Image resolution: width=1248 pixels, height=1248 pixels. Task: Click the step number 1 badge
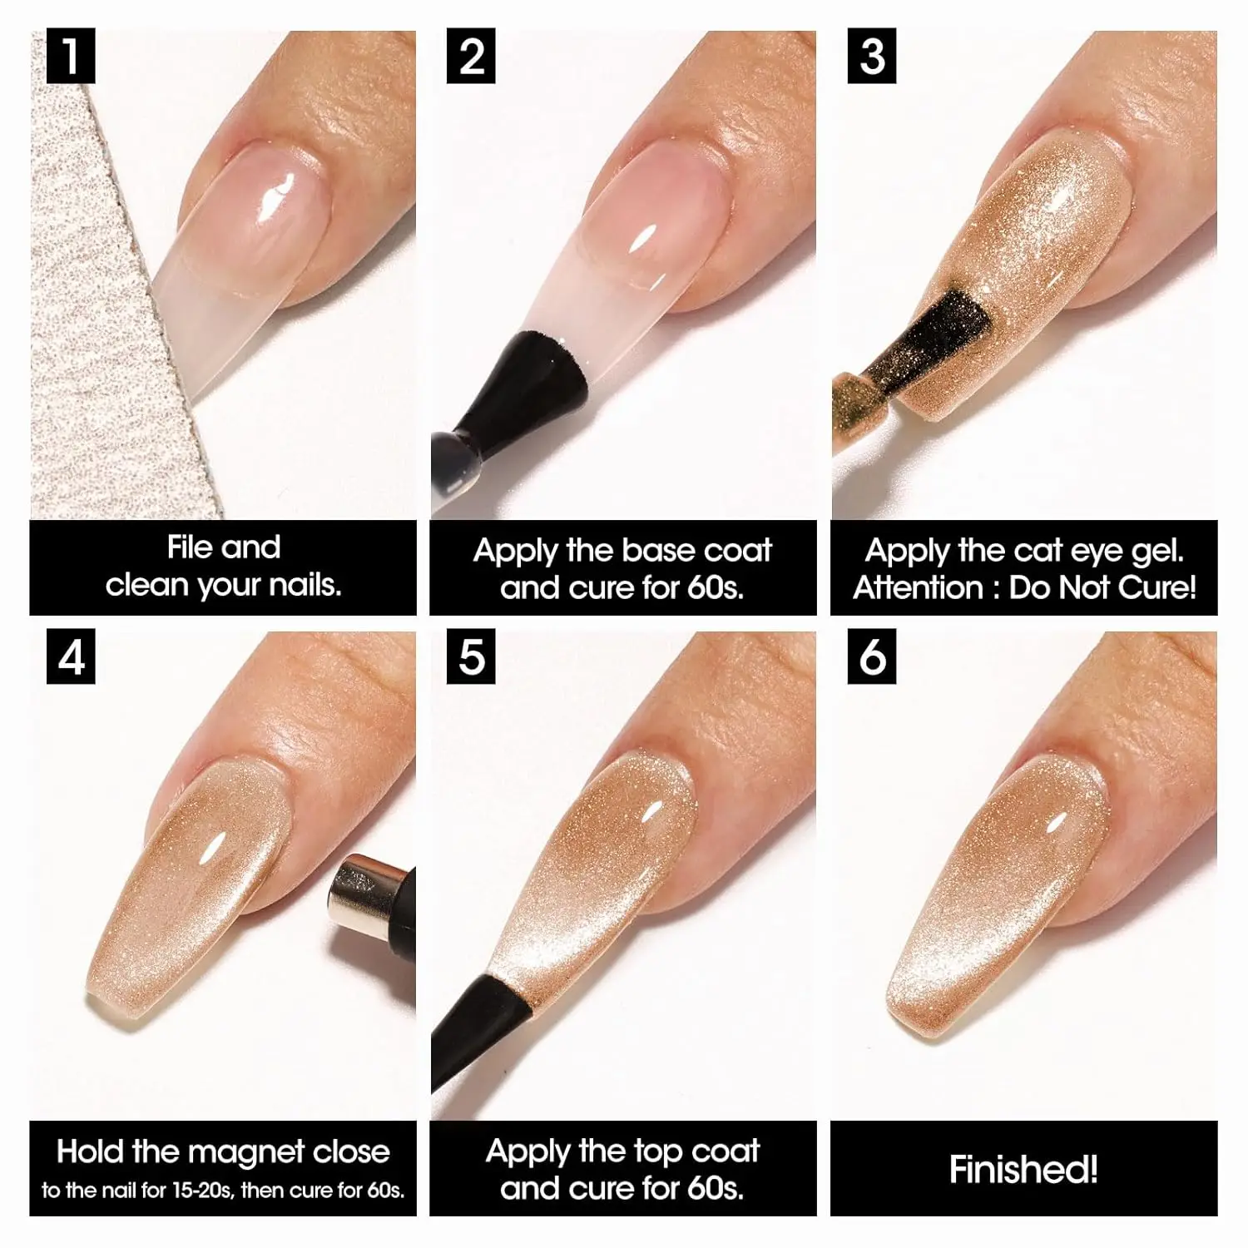click(x=71, y=57)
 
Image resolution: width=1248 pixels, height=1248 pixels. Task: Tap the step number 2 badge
click(x=472, y=57)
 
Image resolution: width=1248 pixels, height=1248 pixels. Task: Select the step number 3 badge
click(x=872, y=57)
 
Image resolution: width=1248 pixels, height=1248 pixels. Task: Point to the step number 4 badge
click(x=71, y=657)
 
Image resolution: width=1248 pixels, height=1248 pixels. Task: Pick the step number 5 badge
click(x=472, y=657)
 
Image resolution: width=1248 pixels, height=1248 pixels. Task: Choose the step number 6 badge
click(x=872, y=657)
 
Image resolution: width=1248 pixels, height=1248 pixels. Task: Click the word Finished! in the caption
click(x=1023, y=1169)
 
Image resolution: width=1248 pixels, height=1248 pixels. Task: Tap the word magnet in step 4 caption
click(x=247, y=1151)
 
